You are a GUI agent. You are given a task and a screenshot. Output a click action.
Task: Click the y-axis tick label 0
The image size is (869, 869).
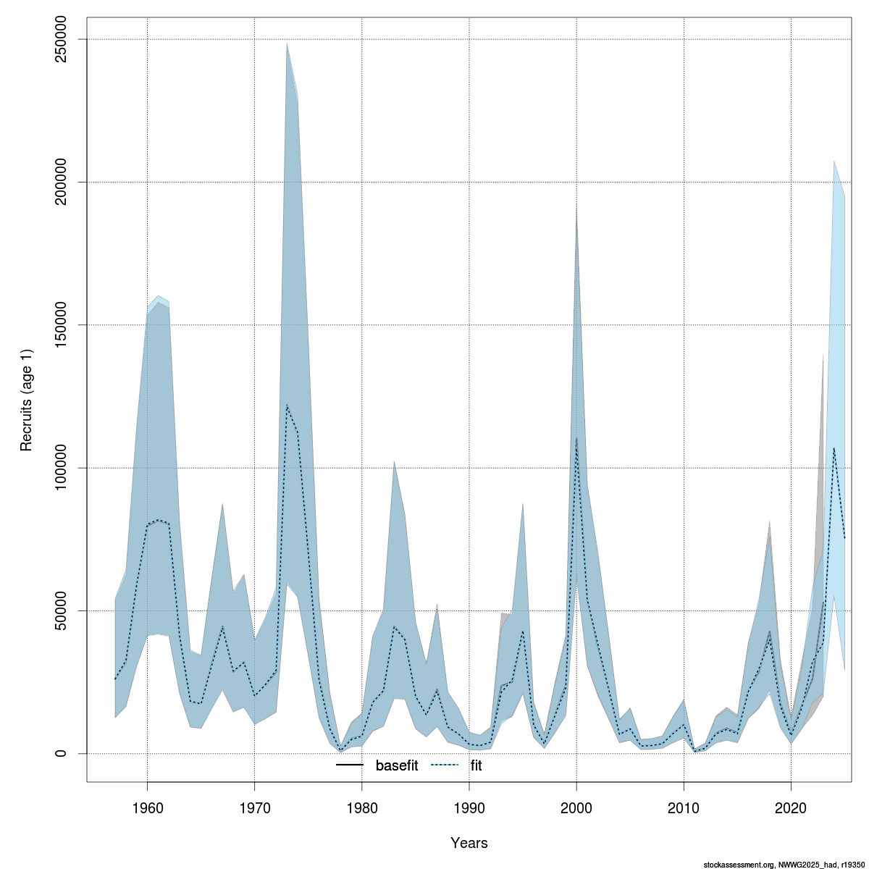click(61, 753)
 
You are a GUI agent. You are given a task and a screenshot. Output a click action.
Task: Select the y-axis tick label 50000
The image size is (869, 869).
click(61, 610)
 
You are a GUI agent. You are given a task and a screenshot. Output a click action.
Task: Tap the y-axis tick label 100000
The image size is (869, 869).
click(61, 468)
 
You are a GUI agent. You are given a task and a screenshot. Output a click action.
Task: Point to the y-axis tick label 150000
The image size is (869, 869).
click(61, 325)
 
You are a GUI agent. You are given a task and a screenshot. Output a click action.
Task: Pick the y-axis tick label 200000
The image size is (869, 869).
click(61, 182)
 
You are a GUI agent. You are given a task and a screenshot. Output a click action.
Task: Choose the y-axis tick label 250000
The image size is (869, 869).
click(61, 39)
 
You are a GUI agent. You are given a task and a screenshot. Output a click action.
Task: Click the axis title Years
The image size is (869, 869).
click(469, 843)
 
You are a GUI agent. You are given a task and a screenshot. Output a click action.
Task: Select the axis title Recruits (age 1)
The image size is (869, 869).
click(27, 396)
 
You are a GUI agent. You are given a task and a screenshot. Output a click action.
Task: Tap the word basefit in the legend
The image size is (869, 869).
click(396, 765)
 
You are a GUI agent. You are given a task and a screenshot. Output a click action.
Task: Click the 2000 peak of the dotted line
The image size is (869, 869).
click(576, 439)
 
